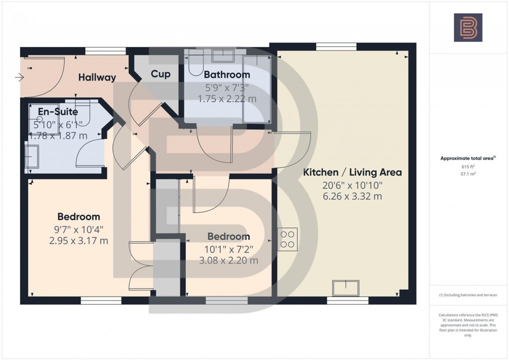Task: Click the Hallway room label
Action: point(97,77)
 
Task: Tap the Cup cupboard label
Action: point(161,74)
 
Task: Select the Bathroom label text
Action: point(227,75)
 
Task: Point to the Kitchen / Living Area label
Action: point(352,173)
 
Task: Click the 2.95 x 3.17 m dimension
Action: point(79,241)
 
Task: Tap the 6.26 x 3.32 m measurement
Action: point(352,196)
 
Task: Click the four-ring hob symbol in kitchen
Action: point(288,239)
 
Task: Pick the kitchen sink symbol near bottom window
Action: point(346,288)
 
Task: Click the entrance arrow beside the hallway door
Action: point(19,77)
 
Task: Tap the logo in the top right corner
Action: point(468,27)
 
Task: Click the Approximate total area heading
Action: point(467,158)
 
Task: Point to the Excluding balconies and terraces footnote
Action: point(468,295)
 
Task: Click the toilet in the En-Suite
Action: point(83,114)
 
